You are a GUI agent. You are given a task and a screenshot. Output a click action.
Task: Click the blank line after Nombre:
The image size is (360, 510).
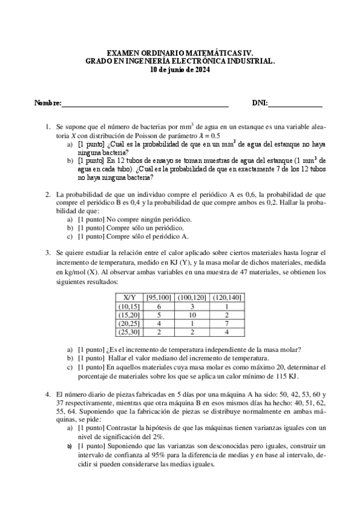tap(145, 105)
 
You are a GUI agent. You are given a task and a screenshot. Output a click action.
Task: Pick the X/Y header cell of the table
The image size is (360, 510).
tap(129, 297)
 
